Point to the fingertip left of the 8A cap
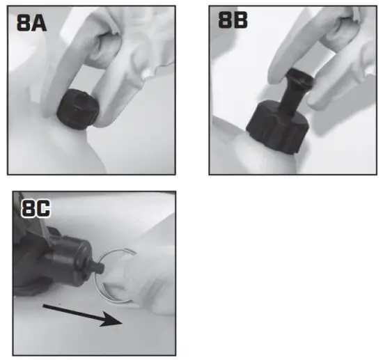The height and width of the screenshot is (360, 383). (50, 104)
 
